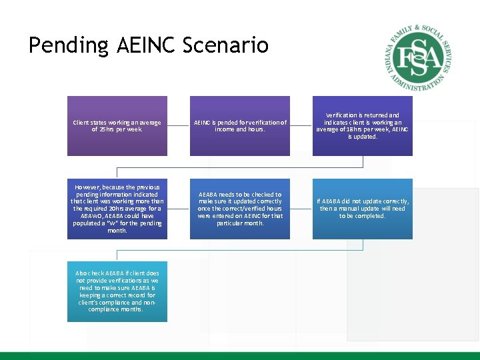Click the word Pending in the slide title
[69, 45]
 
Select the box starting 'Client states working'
[117, 126]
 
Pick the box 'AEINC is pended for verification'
[240, 126]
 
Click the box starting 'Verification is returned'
[362, 126]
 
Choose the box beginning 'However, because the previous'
[117, 209]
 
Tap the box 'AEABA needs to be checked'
[240, 209]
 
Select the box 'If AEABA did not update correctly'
[362, 209]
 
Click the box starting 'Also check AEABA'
[117, 291]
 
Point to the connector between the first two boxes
[179, 126]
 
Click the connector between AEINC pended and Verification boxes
[301, 126]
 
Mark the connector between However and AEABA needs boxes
[179, 209]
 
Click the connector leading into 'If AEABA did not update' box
[301, 209]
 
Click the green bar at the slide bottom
[240, 355]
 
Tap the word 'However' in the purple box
[89, 187]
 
